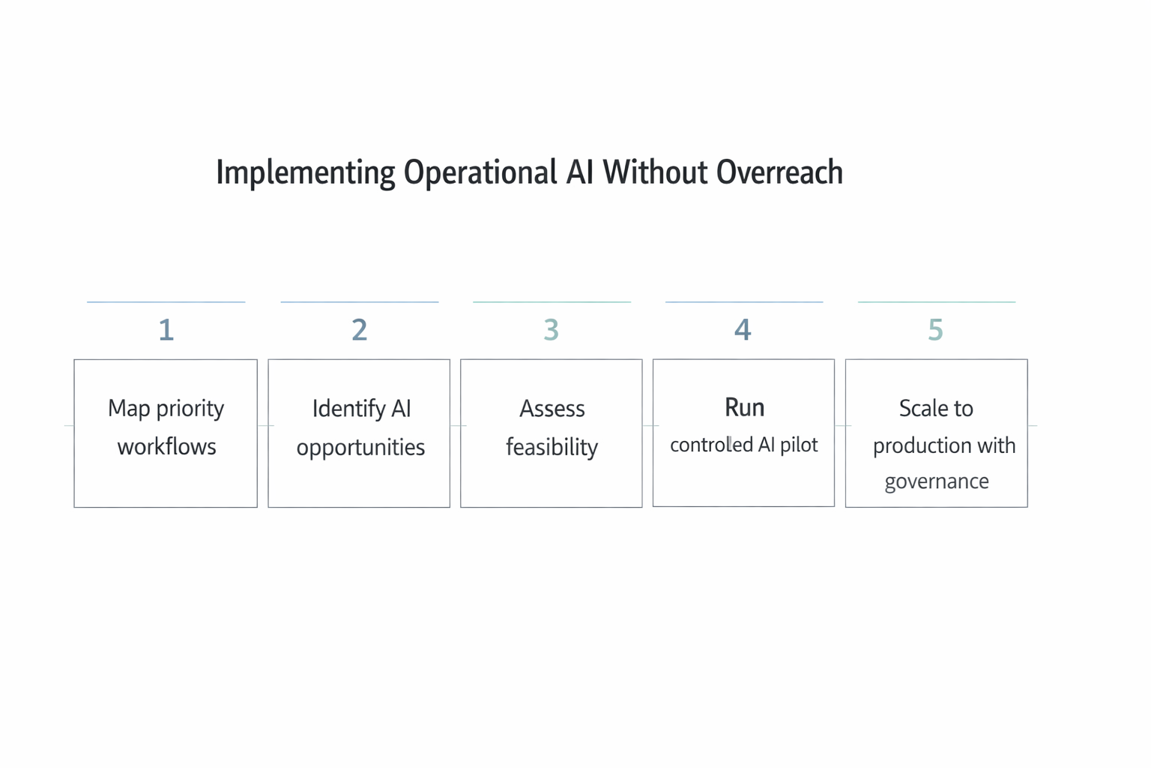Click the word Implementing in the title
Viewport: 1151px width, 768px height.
click(305, 172)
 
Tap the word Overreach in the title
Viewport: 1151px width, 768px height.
click(779, 172)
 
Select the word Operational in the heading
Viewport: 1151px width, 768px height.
click(480, 172)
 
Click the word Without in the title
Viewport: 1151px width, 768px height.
click(655, 172)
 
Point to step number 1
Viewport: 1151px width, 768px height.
click(166, 330)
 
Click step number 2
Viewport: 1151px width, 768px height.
click(360, 330)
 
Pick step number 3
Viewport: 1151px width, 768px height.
click(552, 330)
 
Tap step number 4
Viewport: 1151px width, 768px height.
click(743, 330)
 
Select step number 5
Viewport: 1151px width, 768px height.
click(935, 330)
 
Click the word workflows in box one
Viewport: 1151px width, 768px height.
click(166, 447)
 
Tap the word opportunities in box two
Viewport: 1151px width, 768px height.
click(360, 448)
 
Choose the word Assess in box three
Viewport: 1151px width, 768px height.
click(552, 409)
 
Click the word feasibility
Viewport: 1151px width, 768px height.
click(552, 448)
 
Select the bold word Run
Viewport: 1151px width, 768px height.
click(744, 407)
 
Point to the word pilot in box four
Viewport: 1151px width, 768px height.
click(799, 445)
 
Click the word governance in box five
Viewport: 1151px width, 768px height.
click(937, 481)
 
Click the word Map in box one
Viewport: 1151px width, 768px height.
click(129, 409)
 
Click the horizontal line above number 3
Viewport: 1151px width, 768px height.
click(552, 302)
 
